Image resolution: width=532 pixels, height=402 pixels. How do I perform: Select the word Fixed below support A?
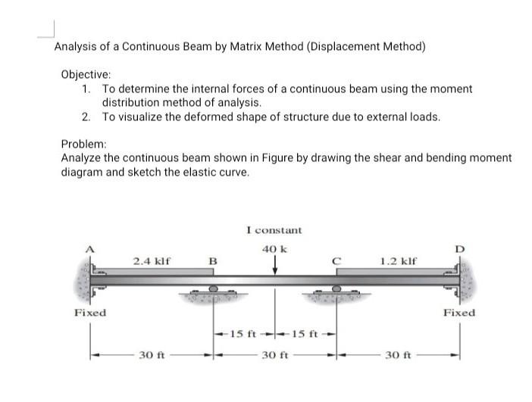pos(89,313)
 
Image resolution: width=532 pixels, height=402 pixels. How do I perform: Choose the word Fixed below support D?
pos(459,313)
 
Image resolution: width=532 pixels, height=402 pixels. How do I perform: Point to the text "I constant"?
pos(274,229)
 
